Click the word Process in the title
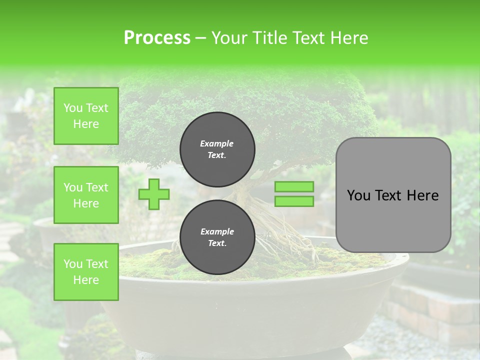coord(157,37)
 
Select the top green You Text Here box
coord(86,116)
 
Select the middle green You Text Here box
coord(86,195)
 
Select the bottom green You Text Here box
coord(86,272)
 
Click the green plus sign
coord(154,194)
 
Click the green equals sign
coord(294,194)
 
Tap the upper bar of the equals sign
coord(294,186)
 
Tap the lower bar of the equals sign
coord(294,201)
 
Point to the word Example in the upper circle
coord(217,143)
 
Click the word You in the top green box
coord(73,108)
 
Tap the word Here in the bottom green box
coord(86,280)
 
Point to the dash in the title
coord(200,38)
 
